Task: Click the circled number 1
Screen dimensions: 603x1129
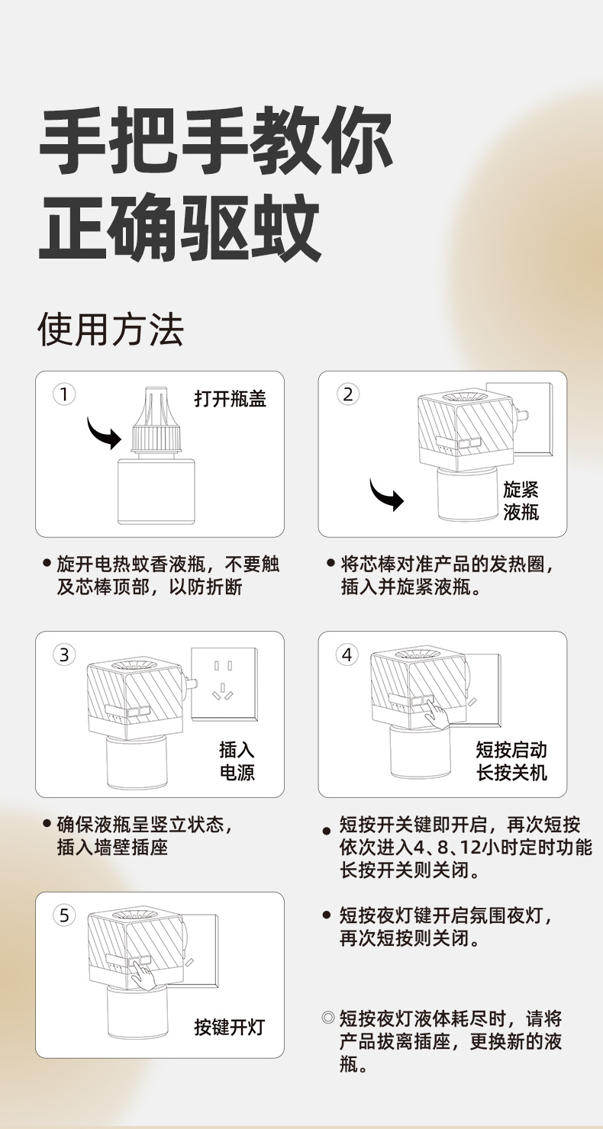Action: pyautogui.click(x=64, y=394)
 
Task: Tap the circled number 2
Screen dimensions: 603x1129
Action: pyautogui.click(x=348, y=394)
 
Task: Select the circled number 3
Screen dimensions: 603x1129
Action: pyautogui.click(x=64, y=655)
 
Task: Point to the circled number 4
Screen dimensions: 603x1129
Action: pyautogui.click(x=347, y=655)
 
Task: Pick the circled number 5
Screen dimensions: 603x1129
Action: pyautogui.click(x=64, y=915)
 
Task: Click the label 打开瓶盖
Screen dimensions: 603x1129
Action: pyautogui.click(x=231, y=399)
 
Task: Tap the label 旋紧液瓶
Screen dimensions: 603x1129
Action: pyautogui.click(x=521, y=501)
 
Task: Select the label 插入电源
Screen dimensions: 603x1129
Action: pyautogui.click(x=237, y=761)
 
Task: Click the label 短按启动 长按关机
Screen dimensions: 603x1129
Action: pyautogui.click(x=511, y=761)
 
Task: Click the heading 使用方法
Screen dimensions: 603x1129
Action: pyautogui.click(x=111, y=330)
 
